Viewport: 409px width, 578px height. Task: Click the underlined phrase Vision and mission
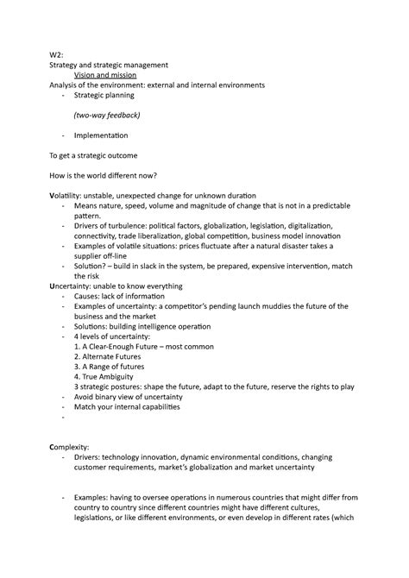click(x=111, y=75)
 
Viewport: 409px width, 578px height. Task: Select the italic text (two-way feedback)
click(x=107, y=116)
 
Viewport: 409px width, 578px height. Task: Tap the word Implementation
click(x=101, y=136)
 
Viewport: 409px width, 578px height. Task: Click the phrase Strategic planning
click(x=104, y=95)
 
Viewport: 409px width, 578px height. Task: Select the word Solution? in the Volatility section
click(x=93, y=266)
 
